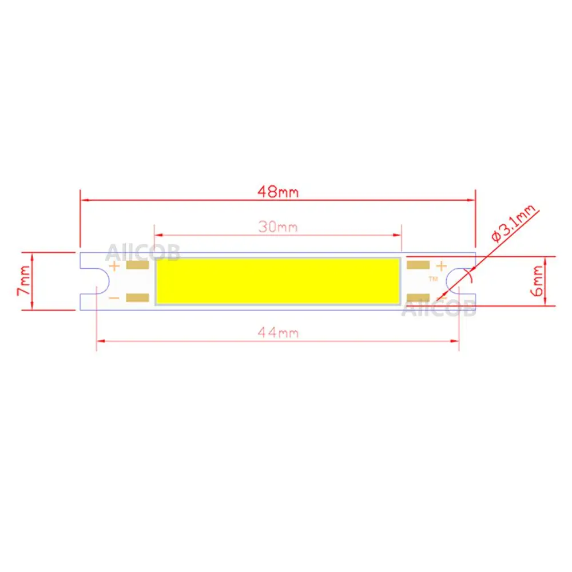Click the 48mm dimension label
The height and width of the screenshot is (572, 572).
(277, 192)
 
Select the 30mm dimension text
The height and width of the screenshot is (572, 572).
(277, 227)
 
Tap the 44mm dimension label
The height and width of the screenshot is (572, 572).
(278, 332)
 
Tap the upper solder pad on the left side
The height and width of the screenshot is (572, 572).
(137, 266)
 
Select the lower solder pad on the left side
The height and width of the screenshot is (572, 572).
(137, 297)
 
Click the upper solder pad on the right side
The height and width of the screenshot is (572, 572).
(418, 265)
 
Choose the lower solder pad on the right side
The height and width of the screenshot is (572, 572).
(418, 297)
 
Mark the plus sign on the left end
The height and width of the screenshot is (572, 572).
(114, 266)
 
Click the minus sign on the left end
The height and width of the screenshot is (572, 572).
(114, 298)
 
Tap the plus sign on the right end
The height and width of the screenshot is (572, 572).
(441, 266)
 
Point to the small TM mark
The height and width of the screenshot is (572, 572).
(433, 279)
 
